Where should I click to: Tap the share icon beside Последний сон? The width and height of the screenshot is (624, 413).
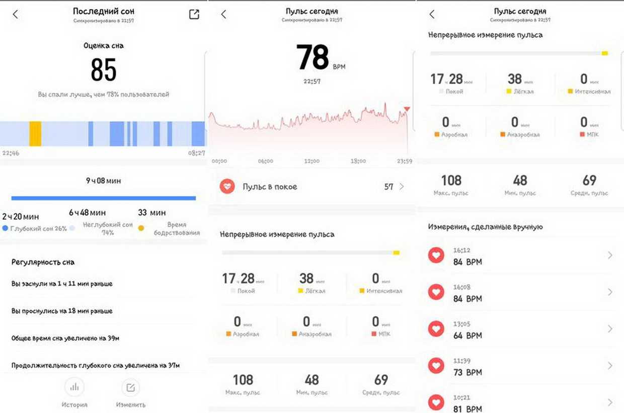click(x=194, y=14)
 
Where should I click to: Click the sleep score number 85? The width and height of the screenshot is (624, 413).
click(x=104, y=70)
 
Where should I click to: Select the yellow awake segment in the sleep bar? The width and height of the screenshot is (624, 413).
click(x=35, y=134)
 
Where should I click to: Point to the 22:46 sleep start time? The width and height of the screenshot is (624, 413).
click(x=11, y=153)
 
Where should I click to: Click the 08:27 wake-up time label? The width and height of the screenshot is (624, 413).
click(x=196, y=153)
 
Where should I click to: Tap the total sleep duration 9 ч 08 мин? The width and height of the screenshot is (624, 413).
click(x=103, y=181)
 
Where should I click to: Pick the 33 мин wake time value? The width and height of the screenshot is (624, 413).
click(x=152, y=213)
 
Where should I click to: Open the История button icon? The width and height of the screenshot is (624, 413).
click(x=74, y=387)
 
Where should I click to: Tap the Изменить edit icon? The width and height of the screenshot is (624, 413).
click(x=131, y=387)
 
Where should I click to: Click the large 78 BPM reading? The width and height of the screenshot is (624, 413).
click(x=313, y=57)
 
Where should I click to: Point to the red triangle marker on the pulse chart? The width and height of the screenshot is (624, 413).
click(x=407, y=109)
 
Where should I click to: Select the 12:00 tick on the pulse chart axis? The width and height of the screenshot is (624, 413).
click(x=312, y=161)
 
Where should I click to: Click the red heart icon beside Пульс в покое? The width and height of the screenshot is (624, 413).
click(x=227, y=187)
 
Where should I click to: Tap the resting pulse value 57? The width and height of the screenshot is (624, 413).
click(x=388, y=187)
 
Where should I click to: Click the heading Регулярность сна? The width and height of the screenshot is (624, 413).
click(x=43, y=262)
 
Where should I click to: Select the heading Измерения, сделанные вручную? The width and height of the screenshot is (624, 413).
click(x=485, y=227)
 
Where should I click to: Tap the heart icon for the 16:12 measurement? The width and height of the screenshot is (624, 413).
click(x=436, y=256)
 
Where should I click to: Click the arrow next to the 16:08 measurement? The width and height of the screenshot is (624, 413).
click(x=610, y=292)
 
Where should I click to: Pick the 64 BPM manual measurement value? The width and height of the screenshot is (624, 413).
click(x=467, y=336)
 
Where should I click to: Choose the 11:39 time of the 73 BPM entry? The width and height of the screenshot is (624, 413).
click(x=461, y=361)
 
